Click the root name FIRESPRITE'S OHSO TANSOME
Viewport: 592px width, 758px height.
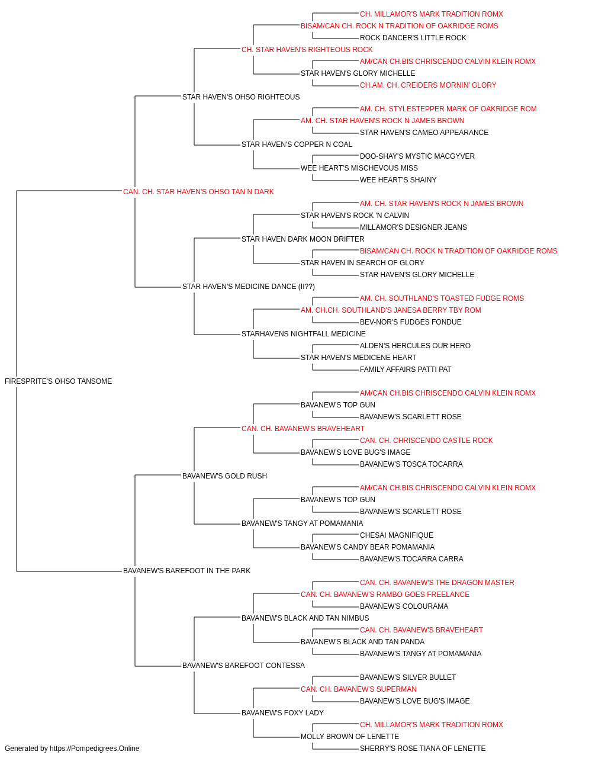(58, 381)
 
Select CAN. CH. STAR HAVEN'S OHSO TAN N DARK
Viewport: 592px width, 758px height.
(198, 192)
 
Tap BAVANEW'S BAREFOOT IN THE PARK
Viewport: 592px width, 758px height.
(186, 571)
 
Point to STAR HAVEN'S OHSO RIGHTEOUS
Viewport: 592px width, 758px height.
(241, 97)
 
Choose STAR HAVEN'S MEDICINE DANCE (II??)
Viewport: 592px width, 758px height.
(249, 287)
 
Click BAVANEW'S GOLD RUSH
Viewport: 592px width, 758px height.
(224, 476)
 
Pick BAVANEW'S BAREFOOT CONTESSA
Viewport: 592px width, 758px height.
(243, 665)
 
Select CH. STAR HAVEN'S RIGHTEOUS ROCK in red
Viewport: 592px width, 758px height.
(307, 50)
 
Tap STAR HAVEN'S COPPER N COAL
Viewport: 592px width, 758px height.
(297, 144)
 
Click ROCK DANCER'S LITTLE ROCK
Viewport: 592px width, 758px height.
(413, 38)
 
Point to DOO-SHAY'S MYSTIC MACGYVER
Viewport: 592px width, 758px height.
(417, 156)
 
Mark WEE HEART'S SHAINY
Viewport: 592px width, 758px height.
(398, 180)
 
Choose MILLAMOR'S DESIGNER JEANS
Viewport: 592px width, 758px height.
(413, 227)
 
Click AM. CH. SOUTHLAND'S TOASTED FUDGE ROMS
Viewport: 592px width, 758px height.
(442, 298)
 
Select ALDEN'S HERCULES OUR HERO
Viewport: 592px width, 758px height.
(415, 346)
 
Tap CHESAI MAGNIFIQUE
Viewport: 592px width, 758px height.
(397, 535)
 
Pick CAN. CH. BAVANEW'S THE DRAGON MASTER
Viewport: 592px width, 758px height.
(437, 583)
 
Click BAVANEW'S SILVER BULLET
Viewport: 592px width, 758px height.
(408, 677)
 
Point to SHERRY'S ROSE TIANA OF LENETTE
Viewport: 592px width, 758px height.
(423, 749)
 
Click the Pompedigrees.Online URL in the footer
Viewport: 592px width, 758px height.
(95, 749)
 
